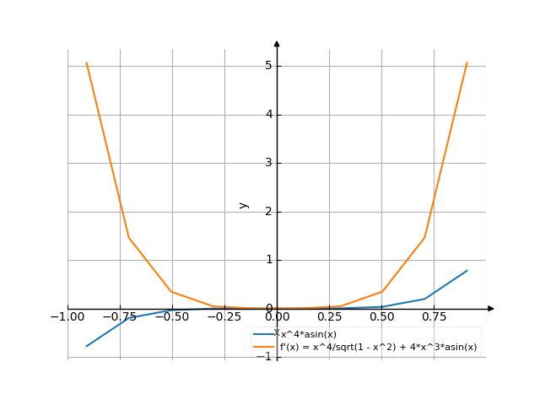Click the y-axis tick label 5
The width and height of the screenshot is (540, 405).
267,65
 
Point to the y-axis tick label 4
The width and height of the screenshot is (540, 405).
267,114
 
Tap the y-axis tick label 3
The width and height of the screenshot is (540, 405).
267,163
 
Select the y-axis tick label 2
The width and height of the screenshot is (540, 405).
267,211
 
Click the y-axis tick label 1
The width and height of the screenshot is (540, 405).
267,260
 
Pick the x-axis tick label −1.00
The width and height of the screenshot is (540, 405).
67,317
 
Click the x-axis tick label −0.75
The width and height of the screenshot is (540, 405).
120,317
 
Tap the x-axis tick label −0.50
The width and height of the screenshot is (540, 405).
172,317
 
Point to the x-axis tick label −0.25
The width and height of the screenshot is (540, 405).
224,317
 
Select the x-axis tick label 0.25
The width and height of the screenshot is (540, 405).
329,317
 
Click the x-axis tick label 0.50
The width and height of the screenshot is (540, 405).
381,317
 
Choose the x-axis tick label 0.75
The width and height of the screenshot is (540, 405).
434,317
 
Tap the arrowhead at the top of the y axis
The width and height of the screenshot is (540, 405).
277,43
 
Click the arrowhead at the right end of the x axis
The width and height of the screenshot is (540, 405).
491,309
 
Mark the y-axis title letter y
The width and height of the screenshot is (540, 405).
244,204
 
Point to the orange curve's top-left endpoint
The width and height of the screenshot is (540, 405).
87,63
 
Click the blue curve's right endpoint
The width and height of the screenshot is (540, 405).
467,271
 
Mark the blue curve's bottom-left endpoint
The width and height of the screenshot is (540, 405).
87,346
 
